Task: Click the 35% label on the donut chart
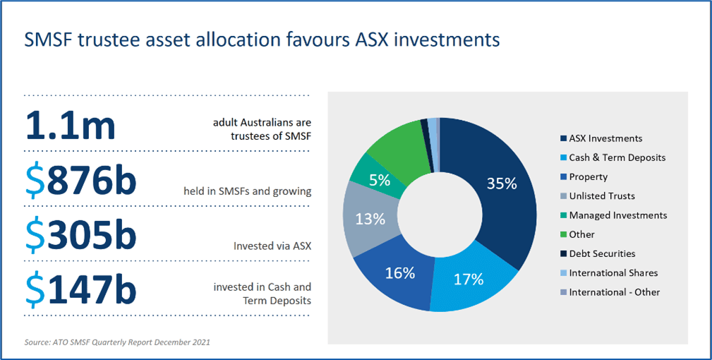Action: [502, 184]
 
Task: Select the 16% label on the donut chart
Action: [399, 273]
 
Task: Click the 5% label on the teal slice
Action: [380, 179]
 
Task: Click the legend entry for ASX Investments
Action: [605, 138]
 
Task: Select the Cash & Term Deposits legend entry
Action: [617, 157]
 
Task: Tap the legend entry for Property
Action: [588, 176]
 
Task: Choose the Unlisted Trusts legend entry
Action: [602, 196]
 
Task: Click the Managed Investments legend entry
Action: [617, 215]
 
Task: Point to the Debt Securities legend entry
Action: [602, 253]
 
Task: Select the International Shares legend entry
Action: [613, 272]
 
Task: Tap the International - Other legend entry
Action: [615, 292]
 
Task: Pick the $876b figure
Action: [80, 181]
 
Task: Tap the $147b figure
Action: [80, 290]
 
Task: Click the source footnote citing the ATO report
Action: [117, 342]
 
